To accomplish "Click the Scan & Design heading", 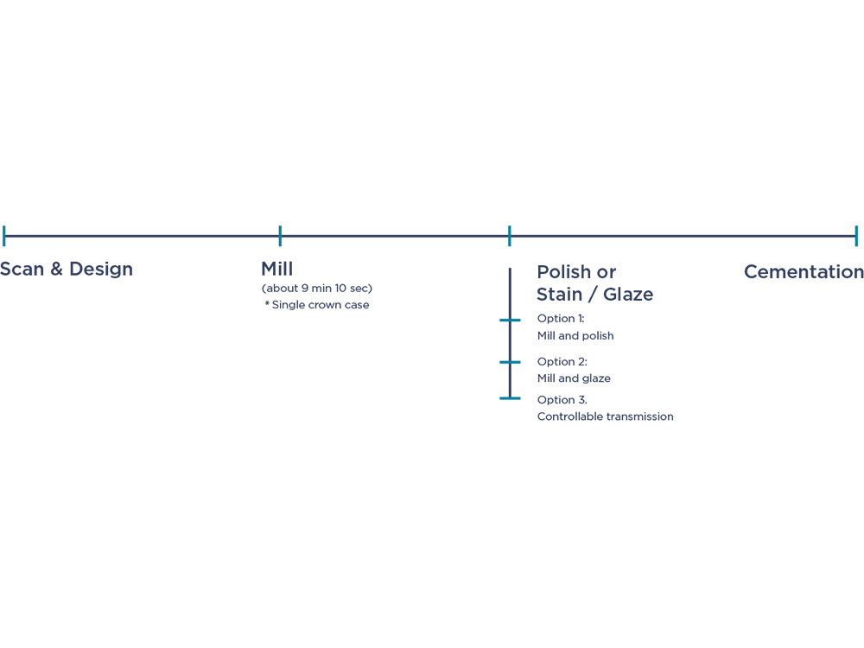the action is pyautogui.click(x=67, y=269).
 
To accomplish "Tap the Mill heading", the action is pyautogui.click(x=277, y=269).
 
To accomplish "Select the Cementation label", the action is pyautogui.click(x=804, y=271).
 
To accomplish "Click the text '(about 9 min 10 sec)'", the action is pyautogui.click(x=317, y=289).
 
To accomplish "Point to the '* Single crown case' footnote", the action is pyautogui.click(x=317, y=305).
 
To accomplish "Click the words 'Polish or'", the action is pyautogui.click(x=576, y=271).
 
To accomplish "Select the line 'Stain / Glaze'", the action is pyautogui.click(x=595, y=295).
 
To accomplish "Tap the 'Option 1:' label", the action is pyautogui.click(x=561, y=319).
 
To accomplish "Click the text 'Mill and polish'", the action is pyautogui.click(x=575, y=335).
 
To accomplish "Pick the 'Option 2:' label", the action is pyautogui.click(x=562, y=361).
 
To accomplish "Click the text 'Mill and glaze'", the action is pyautogui.click(x=574, y=378).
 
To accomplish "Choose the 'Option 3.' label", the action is pyautogui.click(x=562, y=399).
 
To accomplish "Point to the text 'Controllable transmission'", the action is pyautogui.click(x=605, y=416).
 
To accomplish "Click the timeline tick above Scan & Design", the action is pyautogui.click(x=3, y=236).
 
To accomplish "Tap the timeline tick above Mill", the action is pyautogui.click(x=280, y=236).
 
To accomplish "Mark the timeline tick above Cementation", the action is pyautogui.click(x=856, y=236).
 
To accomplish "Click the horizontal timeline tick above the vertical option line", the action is pyautogui.click(x=510, y=236).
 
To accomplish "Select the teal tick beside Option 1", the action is pyautogui.click(x=510, y=320).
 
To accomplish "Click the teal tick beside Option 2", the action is pyautogui.click(x=510, y=362).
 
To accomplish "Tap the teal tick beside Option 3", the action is pyautogui.click(x=510, y=397).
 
